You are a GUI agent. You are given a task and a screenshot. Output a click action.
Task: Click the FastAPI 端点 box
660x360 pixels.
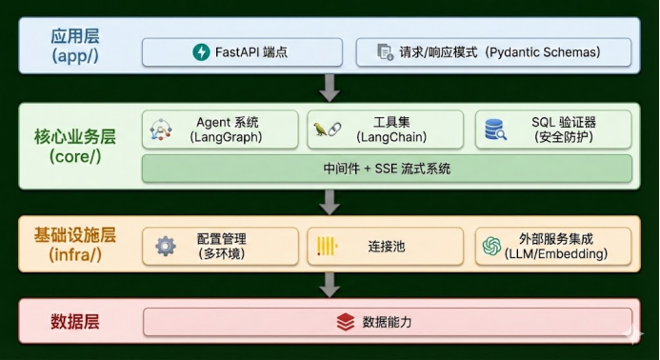243,52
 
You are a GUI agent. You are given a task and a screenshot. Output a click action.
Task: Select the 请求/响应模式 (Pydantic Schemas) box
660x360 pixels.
493,52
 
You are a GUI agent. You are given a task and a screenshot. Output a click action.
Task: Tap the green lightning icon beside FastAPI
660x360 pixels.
201,52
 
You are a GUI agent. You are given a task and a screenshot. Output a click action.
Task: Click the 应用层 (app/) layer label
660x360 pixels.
74,46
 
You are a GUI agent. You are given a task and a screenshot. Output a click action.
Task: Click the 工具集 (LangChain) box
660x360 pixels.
387,130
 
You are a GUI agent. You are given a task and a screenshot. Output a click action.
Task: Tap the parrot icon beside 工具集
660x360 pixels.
320,130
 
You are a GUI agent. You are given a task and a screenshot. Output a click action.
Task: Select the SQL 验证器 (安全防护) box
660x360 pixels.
553,130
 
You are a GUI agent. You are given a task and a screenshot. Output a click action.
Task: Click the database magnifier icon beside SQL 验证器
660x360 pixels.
495,130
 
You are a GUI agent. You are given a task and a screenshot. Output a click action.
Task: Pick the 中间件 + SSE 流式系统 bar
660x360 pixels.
387,169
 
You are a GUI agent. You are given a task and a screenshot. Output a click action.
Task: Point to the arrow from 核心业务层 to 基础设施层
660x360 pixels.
330,201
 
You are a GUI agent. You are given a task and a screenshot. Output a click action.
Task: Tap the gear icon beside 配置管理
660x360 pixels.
166,246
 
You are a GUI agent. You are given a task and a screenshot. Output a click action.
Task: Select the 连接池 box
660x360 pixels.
387,246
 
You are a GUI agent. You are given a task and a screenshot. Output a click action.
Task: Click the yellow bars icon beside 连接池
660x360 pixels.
328,246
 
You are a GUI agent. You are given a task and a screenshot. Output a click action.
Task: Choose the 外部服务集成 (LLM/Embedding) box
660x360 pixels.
553,246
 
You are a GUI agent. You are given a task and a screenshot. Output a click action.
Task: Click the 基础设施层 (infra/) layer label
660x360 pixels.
74,246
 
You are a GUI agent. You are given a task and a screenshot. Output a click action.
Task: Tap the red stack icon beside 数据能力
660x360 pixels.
346,322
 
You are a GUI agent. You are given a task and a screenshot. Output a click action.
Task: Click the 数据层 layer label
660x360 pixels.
74,322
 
